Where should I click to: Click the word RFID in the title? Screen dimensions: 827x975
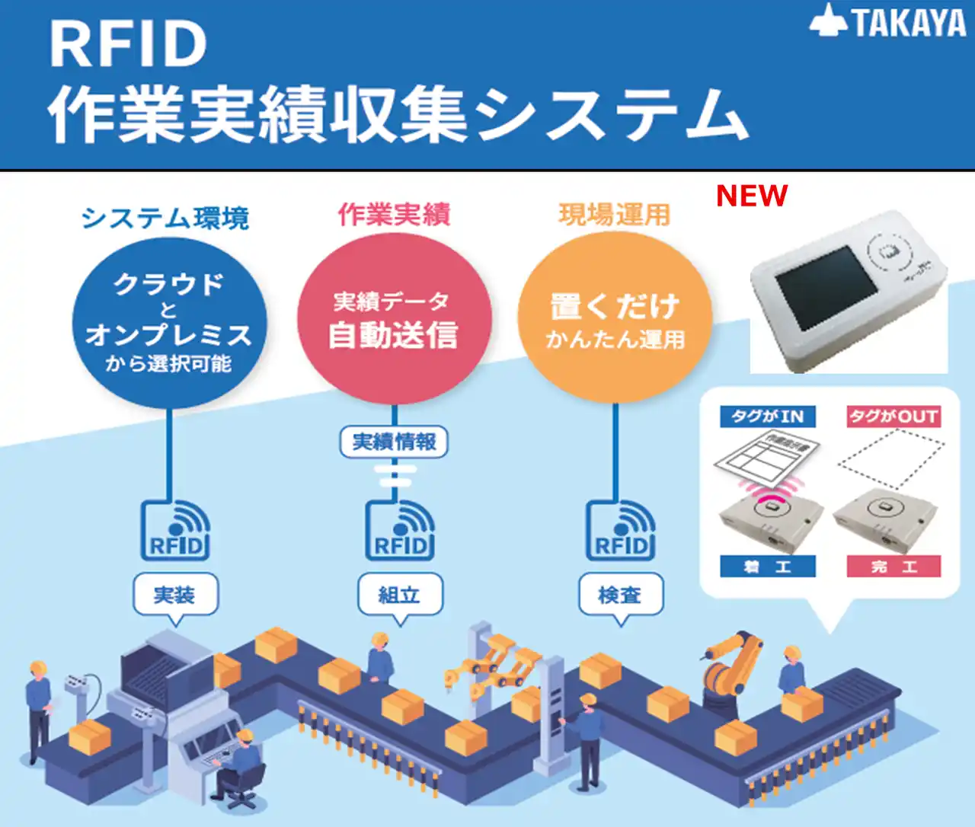[x=128, y=44]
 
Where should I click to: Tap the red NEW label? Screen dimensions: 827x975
[x=751, y=196]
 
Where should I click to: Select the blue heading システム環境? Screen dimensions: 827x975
[x=165, y=218]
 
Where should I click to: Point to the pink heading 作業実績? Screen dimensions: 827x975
[x=394, y=215]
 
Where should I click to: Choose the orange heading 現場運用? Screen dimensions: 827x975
[x=614, y=215]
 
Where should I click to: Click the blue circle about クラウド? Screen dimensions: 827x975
[x=169, y=323]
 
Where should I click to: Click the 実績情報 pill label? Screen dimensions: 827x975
[x=394, y=442]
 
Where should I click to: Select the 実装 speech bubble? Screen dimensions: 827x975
[x=175, y=594]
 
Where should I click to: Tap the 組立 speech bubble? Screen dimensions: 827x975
[x=399, y=594]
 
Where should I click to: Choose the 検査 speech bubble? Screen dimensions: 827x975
[x=620, y=594]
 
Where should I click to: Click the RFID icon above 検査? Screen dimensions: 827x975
[x=621, y=531]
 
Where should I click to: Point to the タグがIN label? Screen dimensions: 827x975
[x=768, y=417]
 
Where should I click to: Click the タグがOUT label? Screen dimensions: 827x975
[x=893, y=417]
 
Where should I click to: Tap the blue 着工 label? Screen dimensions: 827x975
[x=768, y=567]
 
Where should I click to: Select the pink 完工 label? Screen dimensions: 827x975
[x=893, y=567]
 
